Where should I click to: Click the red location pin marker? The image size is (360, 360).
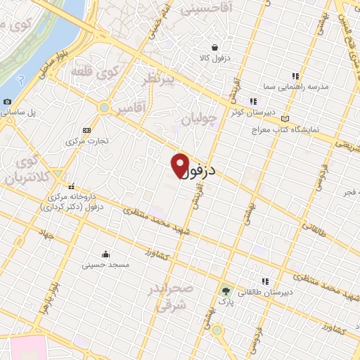pos(180,165)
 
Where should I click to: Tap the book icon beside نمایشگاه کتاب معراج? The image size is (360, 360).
pos(285,118)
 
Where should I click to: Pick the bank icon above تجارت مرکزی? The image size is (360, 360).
pos(86,130)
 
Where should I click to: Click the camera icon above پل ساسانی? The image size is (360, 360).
pos(7,101)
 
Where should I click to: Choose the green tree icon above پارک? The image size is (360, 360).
pos(226,290)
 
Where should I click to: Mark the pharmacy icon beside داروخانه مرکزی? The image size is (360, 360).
pos(72,185)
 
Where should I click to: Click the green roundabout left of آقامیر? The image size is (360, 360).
pos(105,108)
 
